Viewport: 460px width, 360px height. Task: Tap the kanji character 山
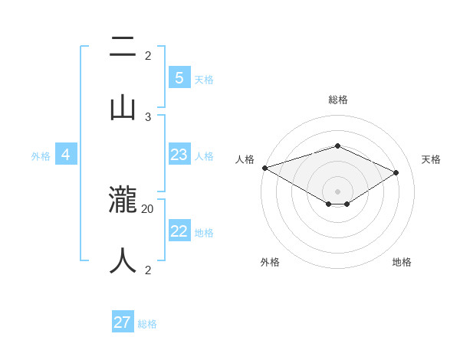pyautogui.click(x=123, y=106)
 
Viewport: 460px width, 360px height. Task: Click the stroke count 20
pyautogui.click(x=148, y=208)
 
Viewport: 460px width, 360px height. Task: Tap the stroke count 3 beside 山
pyautogui.click(x=148, y=116)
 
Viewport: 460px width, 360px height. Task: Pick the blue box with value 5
pyautogui.click(x=179, y=77)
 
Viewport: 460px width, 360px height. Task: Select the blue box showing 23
pyautogui.click(x=179, y=155)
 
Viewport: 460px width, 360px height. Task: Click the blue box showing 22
pyautogui.click(x=179, y=231)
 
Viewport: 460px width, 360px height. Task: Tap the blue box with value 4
pyautogui.click(x=66, y=155)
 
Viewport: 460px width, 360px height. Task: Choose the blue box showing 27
pyautogui.click(x=123, y=322)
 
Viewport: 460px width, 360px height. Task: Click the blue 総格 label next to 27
pyautogui.click(x=147, y=324)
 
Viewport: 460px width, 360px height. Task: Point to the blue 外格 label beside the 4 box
pyautogui.click(x=41, y=155)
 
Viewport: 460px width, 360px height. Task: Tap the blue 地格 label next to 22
pyautogui.click(x=204, y=232)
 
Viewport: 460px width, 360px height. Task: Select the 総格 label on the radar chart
pyautogui.click(x=338, y=100)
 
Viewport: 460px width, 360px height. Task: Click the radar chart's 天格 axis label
pyautogui.click(x=431, y=159)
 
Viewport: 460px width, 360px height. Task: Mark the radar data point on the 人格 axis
pyautogui.click(x=264, y=168)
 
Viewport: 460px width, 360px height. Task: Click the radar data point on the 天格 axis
pyautogui.click(x=396, y=172)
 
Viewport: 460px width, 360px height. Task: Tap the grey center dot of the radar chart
pyautogui.click(x=338, y=191)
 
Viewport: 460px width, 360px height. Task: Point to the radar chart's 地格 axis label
pyautogui.click(x=402, y=262)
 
